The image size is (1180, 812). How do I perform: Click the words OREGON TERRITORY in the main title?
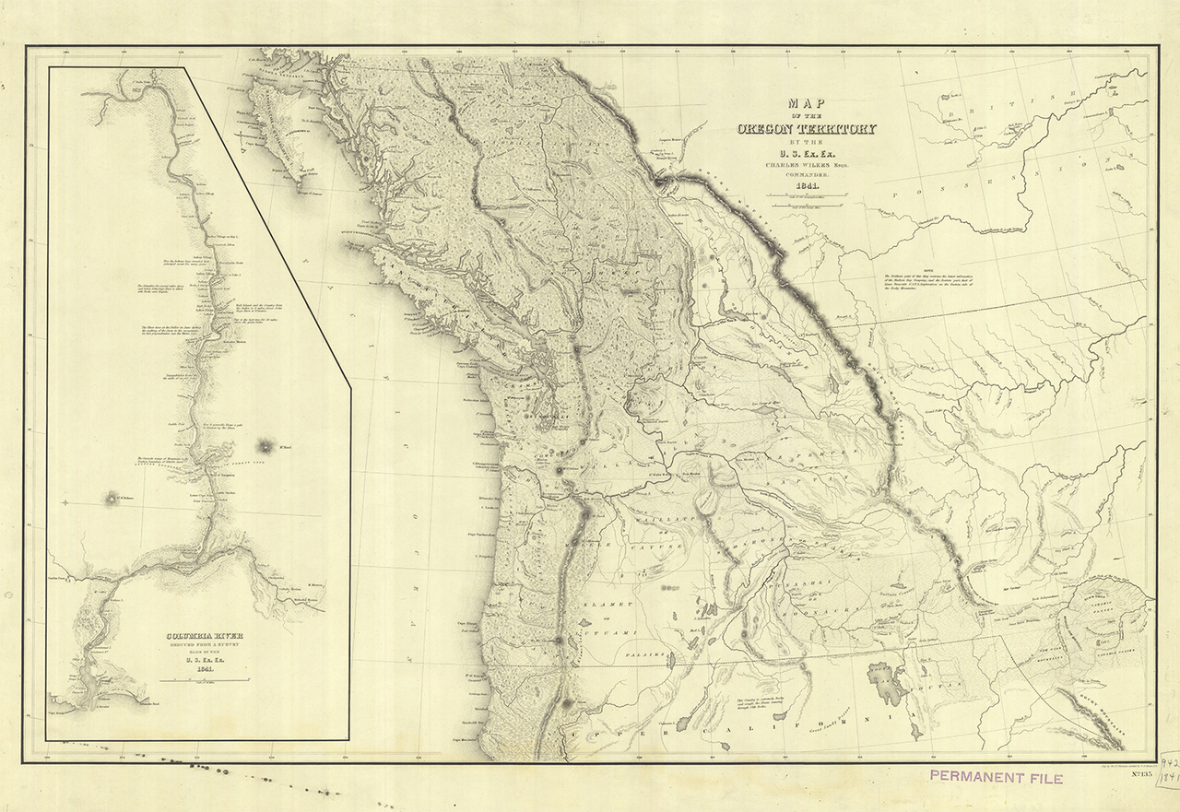[x=807, y=129]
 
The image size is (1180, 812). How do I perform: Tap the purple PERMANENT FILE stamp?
[x=996, y=778]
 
